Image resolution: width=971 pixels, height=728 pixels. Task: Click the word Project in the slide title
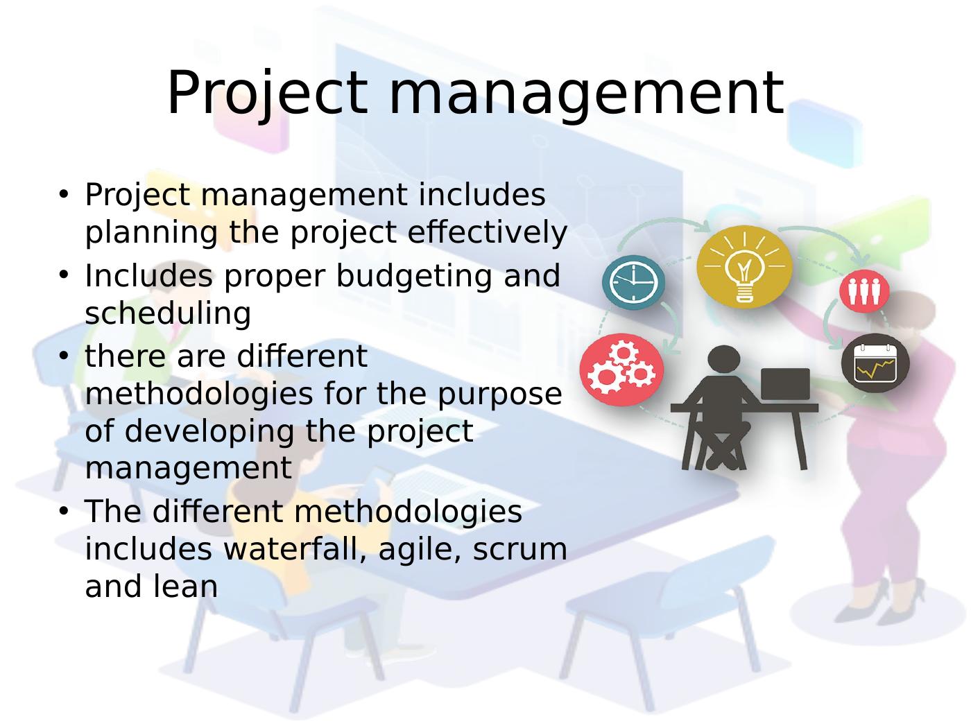[x=267, y=94]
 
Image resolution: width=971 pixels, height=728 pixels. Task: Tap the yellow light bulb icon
[x=744, y=266]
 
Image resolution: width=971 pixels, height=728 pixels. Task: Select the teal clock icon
[x=633, y=282]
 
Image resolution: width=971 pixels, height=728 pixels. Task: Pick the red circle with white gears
[x=621, y=370]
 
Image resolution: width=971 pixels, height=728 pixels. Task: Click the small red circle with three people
[x=864, y=291]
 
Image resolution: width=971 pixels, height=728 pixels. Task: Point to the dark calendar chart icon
[x=875, y=363]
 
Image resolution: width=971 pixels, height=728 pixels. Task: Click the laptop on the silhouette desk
[x=785, y=384]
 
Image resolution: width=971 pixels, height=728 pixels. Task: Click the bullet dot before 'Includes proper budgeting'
[x=64, y=274]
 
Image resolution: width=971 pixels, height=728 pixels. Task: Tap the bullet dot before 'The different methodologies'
[x=64, y=510]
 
